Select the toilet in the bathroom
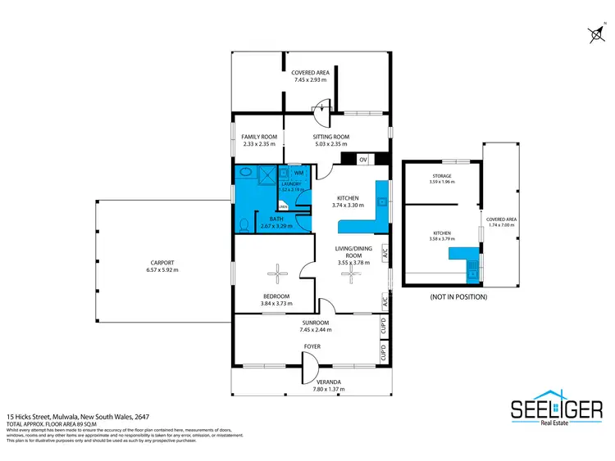242,223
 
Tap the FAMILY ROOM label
259,137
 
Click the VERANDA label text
330,382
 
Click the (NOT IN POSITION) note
458,296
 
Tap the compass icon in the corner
594,34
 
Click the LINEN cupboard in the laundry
283,207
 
